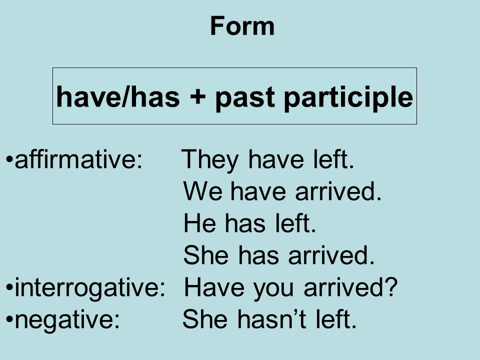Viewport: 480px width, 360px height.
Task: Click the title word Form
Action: (242, 26)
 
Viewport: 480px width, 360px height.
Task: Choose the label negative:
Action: (67, 318)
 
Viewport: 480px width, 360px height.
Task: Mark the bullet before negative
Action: (10, 318)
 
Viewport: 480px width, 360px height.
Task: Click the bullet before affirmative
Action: (10, 162)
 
